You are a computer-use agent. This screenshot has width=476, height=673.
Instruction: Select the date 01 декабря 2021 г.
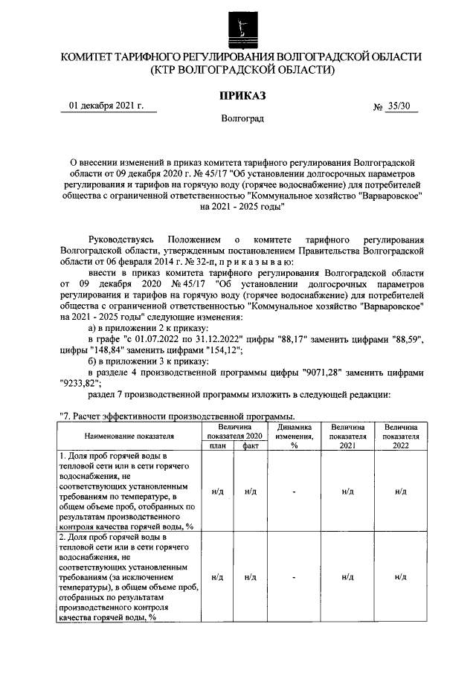pyautogui.click(x=106, y=106)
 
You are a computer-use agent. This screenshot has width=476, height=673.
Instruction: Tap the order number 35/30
pyautogui.click(x=398, y=106)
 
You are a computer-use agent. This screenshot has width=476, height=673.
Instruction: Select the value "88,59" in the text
pyautogui.click(x=405, y=339)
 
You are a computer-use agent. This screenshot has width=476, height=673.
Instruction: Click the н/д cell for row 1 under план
pyautogui.click(x=216, y=491)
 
